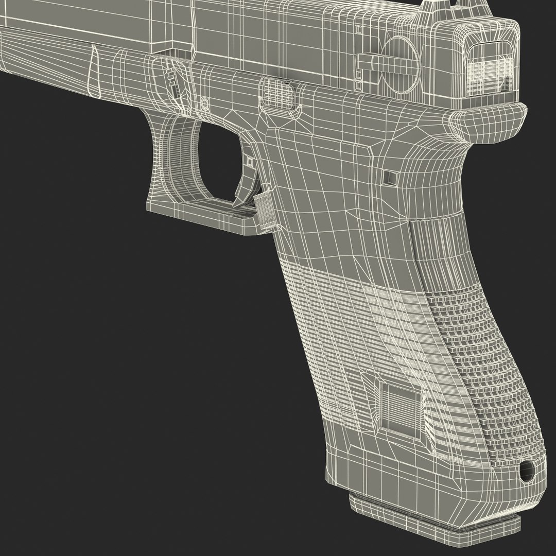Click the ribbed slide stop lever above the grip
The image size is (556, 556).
pos(279,93)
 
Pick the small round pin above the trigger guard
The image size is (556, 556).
pos(204,103)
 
